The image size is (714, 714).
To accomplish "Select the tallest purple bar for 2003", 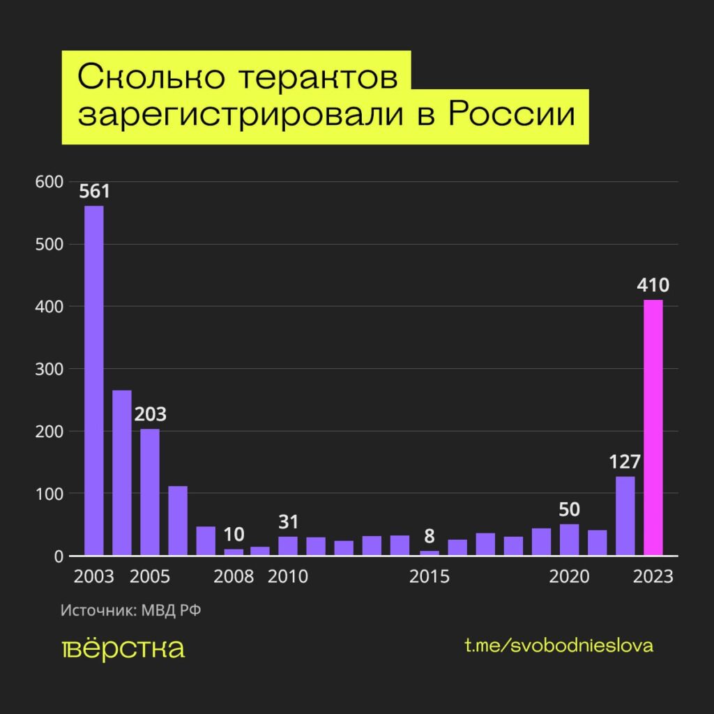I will point(94,381).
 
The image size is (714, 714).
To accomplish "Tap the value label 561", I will point(94,191).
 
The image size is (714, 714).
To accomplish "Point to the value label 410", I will point(653,285).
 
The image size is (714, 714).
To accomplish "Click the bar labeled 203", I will point(150,492).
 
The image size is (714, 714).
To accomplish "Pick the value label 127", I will point(625,462).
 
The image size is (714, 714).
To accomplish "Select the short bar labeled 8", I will point(430,553).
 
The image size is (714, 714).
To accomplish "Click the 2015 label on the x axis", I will point(430,577).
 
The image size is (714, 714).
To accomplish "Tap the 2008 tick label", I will point(234,577).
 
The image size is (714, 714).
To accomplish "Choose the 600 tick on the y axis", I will point(47,182).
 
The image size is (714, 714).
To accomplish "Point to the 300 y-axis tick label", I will point(47,369).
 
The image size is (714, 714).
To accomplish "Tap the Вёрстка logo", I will point(123,648).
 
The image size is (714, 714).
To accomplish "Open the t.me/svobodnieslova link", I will point(559,646).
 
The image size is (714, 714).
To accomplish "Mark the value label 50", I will point(569,509).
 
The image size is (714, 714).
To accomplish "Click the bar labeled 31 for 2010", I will point(287,546).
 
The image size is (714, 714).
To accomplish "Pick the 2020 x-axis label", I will point(569,577).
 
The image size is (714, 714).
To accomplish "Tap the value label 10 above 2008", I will point(234,535).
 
